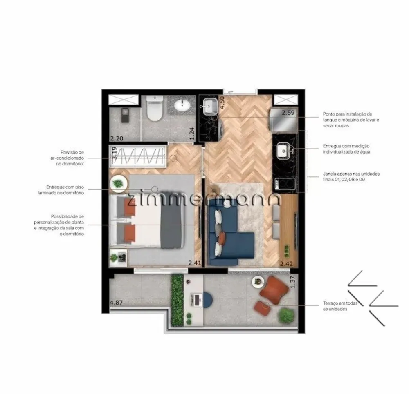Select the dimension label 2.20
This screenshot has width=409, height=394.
coord(116,138)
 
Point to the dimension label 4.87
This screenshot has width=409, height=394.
coord(116,303)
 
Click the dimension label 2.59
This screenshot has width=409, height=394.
coord(288,113)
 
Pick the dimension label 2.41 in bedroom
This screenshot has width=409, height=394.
coord(195,263)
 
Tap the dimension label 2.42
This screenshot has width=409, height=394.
coord(286,264)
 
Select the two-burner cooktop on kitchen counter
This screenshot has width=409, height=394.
coord(284,184)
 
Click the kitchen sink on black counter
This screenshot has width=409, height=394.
coord(285,151)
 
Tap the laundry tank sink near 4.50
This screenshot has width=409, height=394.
coord(210,107)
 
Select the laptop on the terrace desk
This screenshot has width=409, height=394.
coord(196,299)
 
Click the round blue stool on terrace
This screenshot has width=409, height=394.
coord(208,299)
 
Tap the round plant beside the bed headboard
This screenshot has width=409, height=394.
coord(119,184)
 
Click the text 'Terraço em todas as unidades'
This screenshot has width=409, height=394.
coord(340,306)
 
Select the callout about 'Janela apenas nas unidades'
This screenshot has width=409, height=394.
coord(351,176)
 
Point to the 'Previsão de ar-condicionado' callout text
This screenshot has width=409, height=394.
coord(67,158)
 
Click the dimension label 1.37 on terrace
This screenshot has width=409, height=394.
coord(292,282)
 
